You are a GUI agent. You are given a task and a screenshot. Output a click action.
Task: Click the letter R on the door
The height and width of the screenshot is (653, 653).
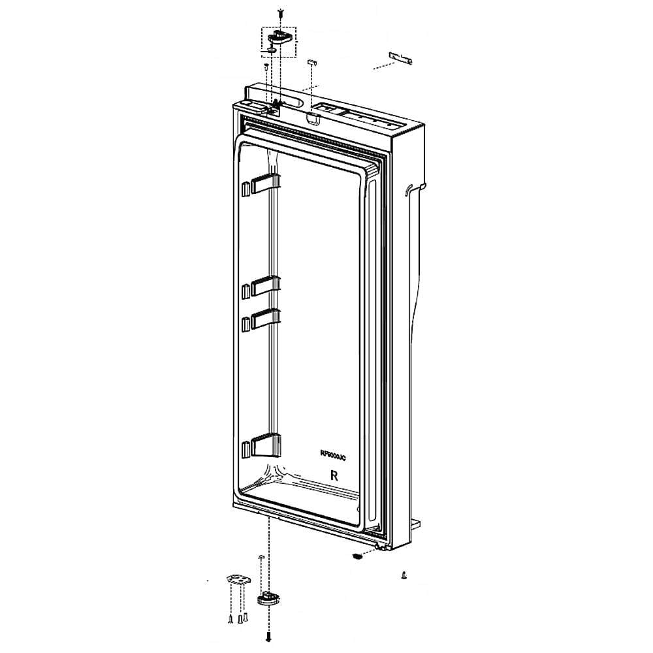coord(334,475)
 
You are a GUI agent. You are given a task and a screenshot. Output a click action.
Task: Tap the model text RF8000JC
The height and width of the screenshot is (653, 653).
coord(332,455)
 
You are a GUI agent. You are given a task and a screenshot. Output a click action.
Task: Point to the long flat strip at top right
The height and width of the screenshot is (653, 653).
coord(401,58)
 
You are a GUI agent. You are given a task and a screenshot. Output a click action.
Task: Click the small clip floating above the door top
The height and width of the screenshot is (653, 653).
coord(311,62)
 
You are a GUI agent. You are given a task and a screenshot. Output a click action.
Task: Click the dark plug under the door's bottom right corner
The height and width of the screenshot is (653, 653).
coord(357,556)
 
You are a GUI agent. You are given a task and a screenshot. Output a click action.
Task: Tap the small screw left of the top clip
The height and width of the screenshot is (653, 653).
coord(266,67)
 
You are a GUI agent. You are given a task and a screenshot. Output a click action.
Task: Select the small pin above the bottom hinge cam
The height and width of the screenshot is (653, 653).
coord(261,557)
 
